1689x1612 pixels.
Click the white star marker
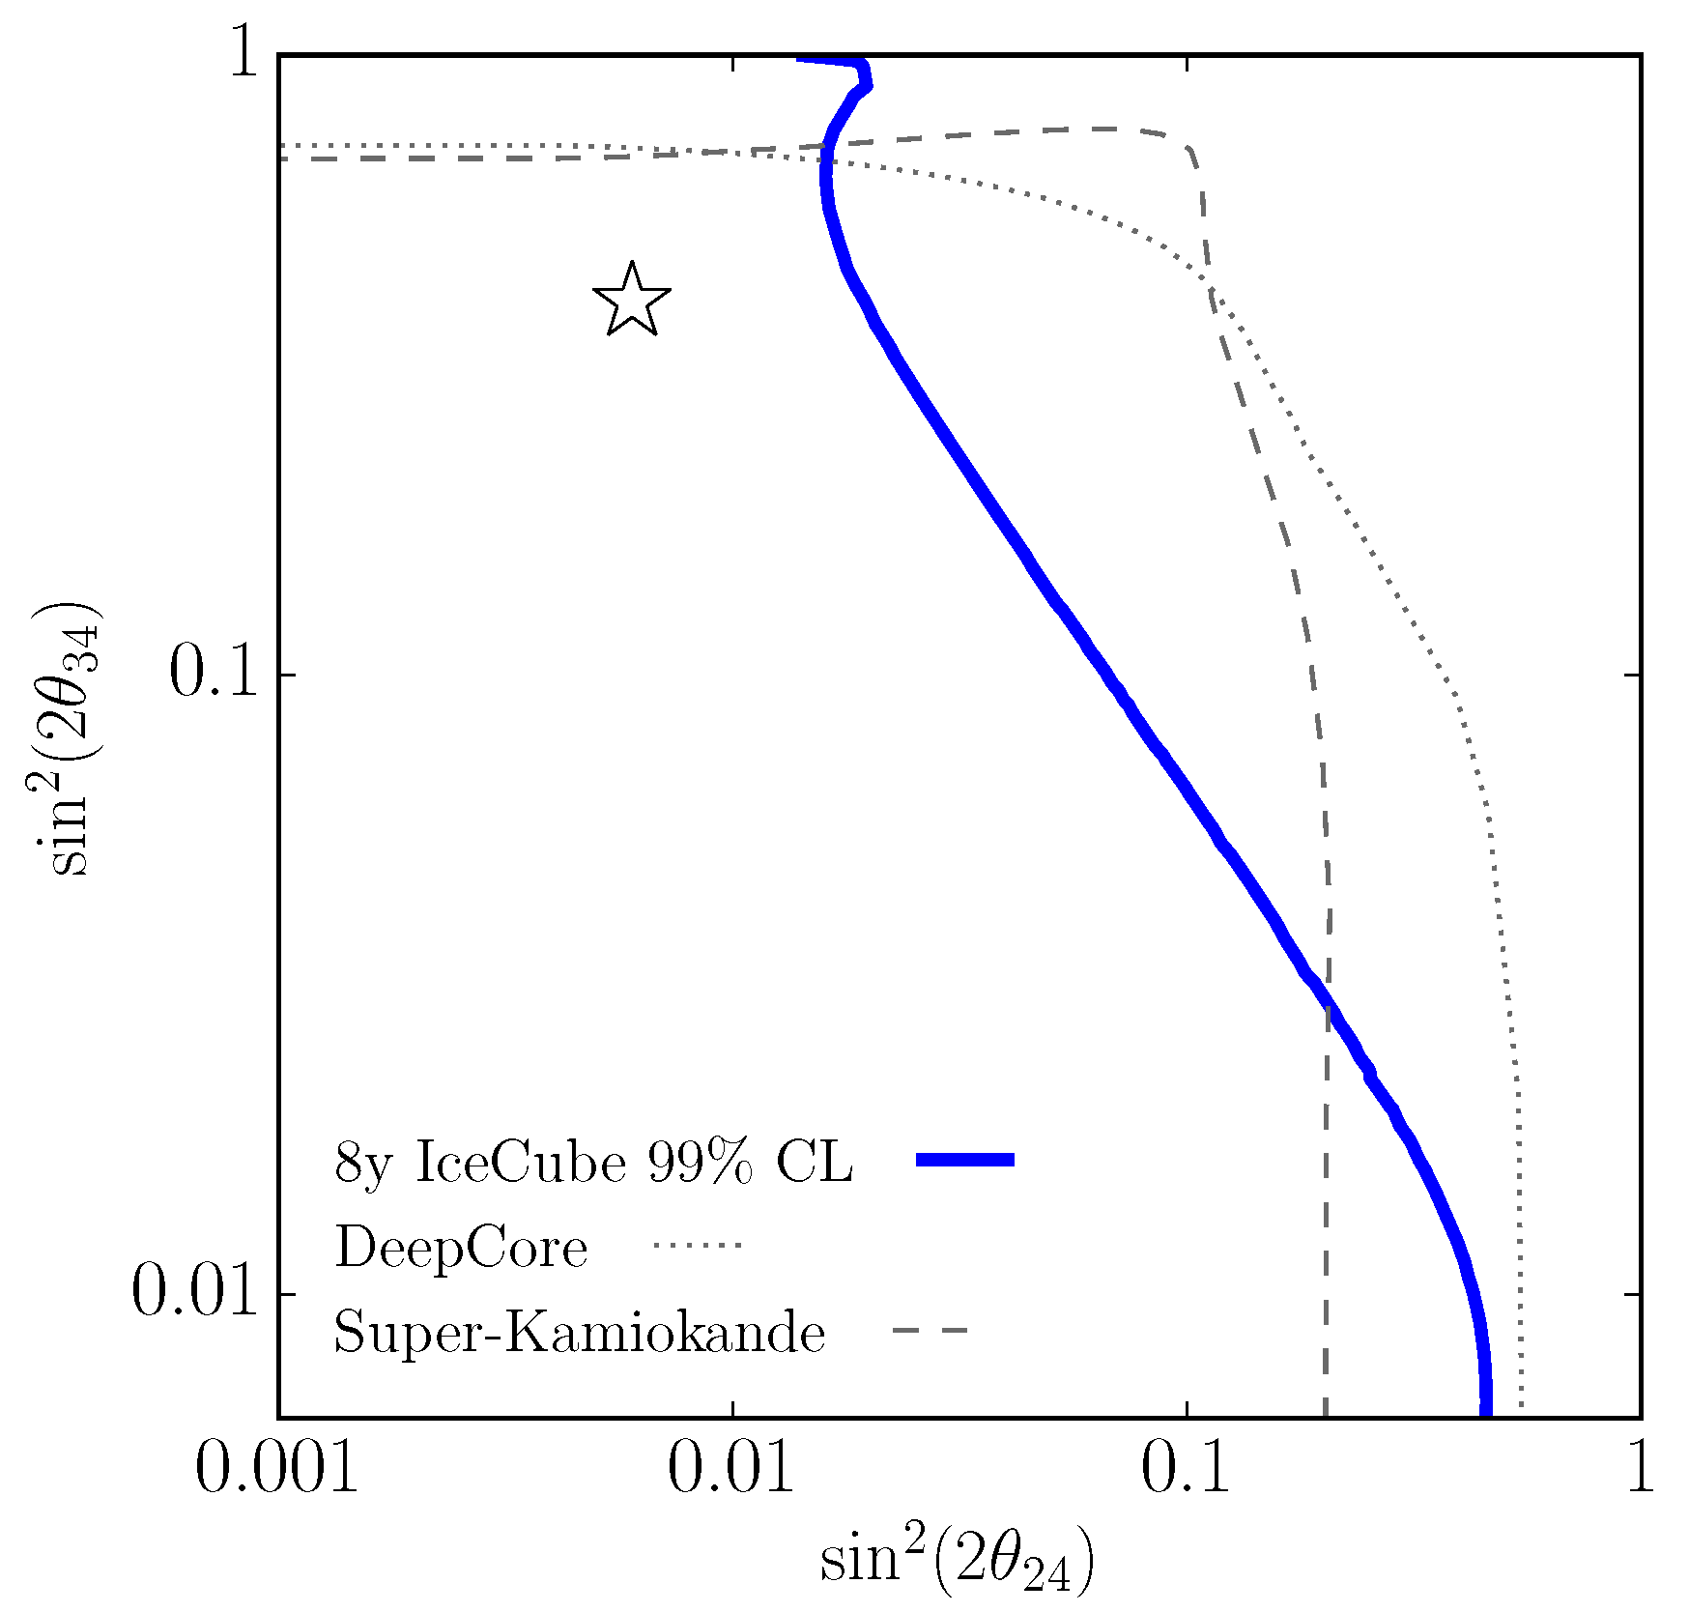631,301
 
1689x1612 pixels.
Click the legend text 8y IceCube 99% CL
593,1162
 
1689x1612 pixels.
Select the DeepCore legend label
461,1248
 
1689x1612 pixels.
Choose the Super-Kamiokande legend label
580,1334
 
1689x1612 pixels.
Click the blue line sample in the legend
964,1160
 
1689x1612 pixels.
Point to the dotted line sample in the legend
697,1246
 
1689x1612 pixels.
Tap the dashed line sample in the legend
930,1332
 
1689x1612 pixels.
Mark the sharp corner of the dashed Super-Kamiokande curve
1192,150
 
